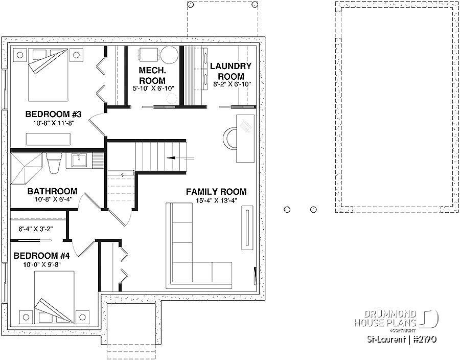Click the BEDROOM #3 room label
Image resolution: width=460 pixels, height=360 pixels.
(x=53, y=114)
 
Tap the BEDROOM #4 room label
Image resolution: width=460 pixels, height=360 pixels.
(x=42, y=256)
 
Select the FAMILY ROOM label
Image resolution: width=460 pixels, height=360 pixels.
(x=216, y=192)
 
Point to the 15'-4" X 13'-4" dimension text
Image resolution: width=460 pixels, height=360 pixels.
(x=216, y=200)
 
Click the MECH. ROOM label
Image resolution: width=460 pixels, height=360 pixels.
(x=152, y=75)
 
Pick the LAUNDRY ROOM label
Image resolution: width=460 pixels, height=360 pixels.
(x=231, y=71)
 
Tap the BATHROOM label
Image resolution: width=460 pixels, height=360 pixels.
(x=53, y=191)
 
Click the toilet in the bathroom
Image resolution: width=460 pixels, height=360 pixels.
(x=54, y=163)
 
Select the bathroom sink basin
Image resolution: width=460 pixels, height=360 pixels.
(x=79, y=161)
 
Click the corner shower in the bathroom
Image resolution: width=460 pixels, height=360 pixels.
(x=26, y=169)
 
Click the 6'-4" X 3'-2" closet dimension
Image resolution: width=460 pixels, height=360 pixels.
(x=36, y=229)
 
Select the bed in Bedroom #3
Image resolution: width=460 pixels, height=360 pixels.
(x=48, y=75)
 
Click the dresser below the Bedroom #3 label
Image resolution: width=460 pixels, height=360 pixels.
(x=49, y=139)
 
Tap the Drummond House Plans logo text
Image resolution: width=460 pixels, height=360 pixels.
(x=385, y=319)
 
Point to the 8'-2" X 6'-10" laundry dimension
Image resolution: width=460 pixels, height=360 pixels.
(x=232, y=84)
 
